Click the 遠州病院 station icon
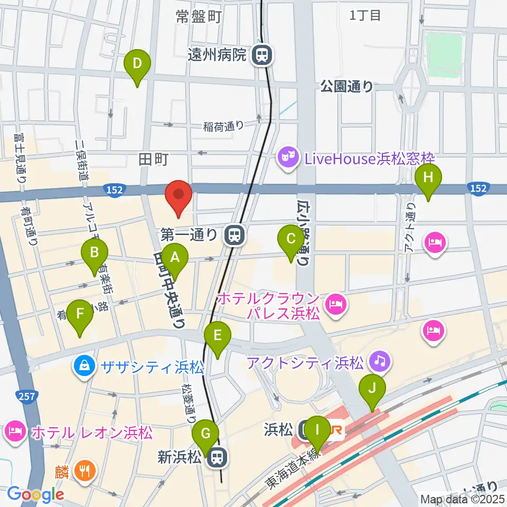pyautogui.click(x=261, y=54)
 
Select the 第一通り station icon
pyautogui.click(x=233, y=234)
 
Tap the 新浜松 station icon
pyautogui.click(x=215, y=457)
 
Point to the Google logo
pyautogui.click(x=35, y=494)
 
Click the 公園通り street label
pyautogui.click(x=346, y=87)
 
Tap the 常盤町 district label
pyautogui.click(x=199, y=17)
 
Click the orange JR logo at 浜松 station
pyautogui.click(x=336, y=430)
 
